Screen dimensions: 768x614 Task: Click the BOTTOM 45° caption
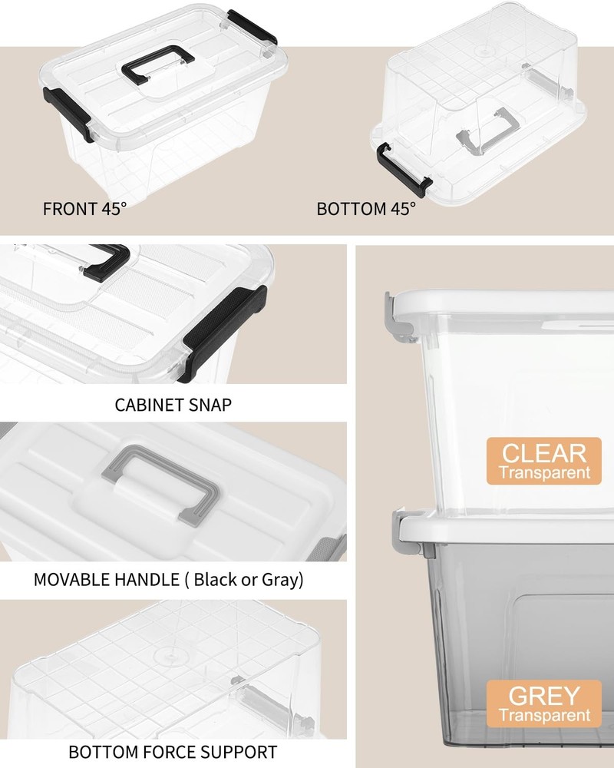366,208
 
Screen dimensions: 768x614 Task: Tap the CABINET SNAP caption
173,405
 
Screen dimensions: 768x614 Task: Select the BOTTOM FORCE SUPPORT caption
173,751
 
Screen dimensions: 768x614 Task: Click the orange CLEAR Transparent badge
543,461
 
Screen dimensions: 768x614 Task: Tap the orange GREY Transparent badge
543,704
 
